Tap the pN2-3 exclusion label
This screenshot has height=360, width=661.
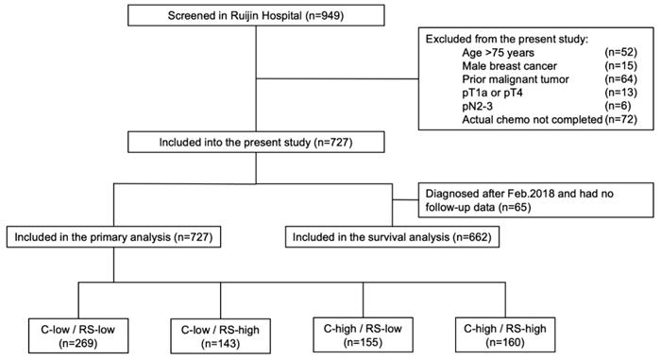(x=479, y=116)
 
